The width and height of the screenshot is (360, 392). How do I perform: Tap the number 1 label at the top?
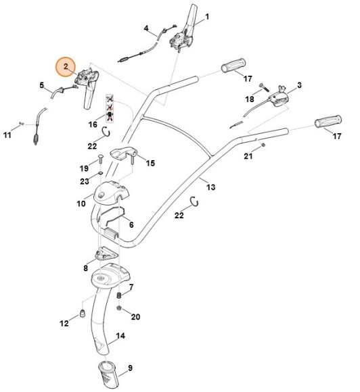click(207, 16)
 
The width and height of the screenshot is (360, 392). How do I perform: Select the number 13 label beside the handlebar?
click(210, 187)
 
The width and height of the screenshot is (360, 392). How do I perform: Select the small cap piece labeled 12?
click(81, 313)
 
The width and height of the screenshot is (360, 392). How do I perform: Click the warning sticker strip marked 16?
click(110, 108)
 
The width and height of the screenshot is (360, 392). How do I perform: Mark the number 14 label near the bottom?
click(120, 336)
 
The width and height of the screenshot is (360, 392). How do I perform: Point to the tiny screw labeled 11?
click(23, 123)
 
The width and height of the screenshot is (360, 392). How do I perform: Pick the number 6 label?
click(131, 224)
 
